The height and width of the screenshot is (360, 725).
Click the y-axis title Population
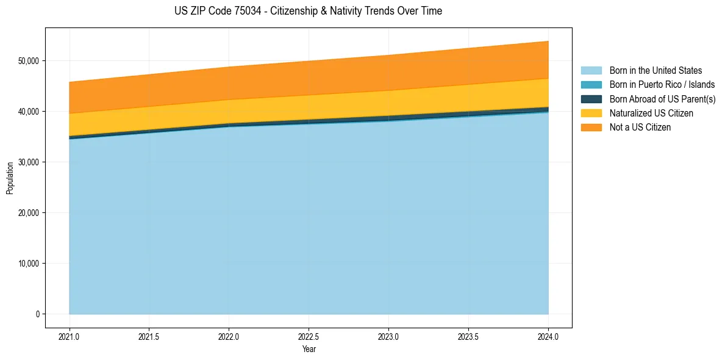coord(10,178)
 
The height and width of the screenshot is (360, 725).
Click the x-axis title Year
coord(309,349)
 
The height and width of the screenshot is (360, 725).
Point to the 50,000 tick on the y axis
coord(29,61)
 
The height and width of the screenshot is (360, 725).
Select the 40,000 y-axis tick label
coord(29,112)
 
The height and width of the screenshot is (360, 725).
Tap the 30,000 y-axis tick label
coord(29,162)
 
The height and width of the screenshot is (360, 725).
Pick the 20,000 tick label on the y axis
coord(29,213)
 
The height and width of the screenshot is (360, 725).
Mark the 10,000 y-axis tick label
coord(29,264)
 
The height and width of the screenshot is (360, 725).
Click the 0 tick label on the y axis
coord(37,314)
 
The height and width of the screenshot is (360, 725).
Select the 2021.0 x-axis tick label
coord(70,336)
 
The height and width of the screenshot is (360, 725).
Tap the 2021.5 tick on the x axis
coord(149,336)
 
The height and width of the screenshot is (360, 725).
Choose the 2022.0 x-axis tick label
coord(229,336)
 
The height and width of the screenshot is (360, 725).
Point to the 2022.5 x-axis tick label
coord(309,336)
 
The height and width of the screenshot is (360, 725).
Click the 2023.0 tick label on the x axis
coord(388,336)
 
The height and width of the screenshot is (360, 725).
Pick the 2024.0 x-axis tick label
coord(548,336)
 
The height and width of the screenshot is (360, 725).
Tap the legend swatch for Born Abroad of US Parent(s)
coord(591,99)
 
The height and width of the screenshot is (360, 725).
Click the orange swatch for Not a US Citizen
coord(591,128)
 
